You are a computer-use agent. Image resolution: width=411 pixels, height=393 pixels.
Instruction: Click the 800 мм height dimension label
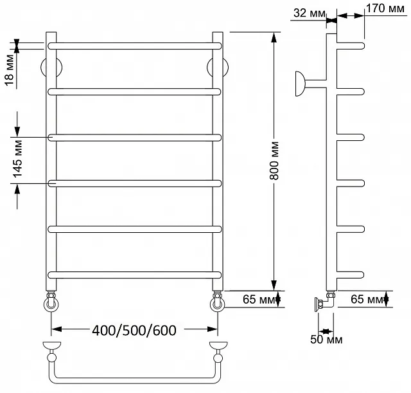[274, 160]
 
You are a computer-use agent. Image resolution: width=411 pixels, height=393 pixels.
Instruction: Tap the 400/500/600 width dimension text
[134, 330]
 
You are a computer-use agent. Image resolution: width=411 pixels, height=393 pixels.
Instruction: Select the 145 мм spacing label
[17, 159]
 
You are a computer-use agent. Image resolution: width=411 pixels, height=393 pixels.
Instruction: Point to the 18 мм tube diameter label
[10, 70]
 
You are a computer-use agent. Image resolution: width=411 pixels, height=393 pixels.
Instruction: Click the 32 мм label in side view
[310, 13]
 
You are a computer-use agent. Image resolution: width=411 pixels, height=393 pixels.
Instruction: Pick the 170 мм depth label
[385, 8]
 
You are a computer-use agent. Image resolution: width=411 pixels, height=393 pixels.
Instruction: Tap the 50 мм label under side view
[326, 340]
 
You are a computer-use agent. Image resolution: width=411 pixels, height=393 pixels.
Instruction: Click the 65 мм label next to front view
[258, 299]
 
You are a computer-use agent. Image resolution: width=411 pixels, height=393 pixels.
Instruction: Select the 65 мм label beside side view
[367, 299]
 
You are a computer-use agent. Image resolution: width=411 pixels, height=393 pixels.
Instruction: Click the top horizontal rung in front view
[134, 46]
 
